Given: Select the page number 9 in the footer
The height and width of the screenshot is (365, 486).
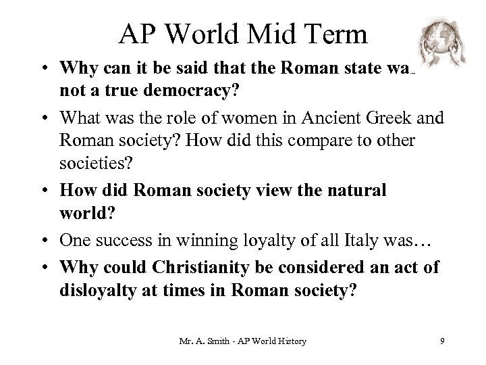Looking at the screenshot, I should [x=441, y=341].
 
